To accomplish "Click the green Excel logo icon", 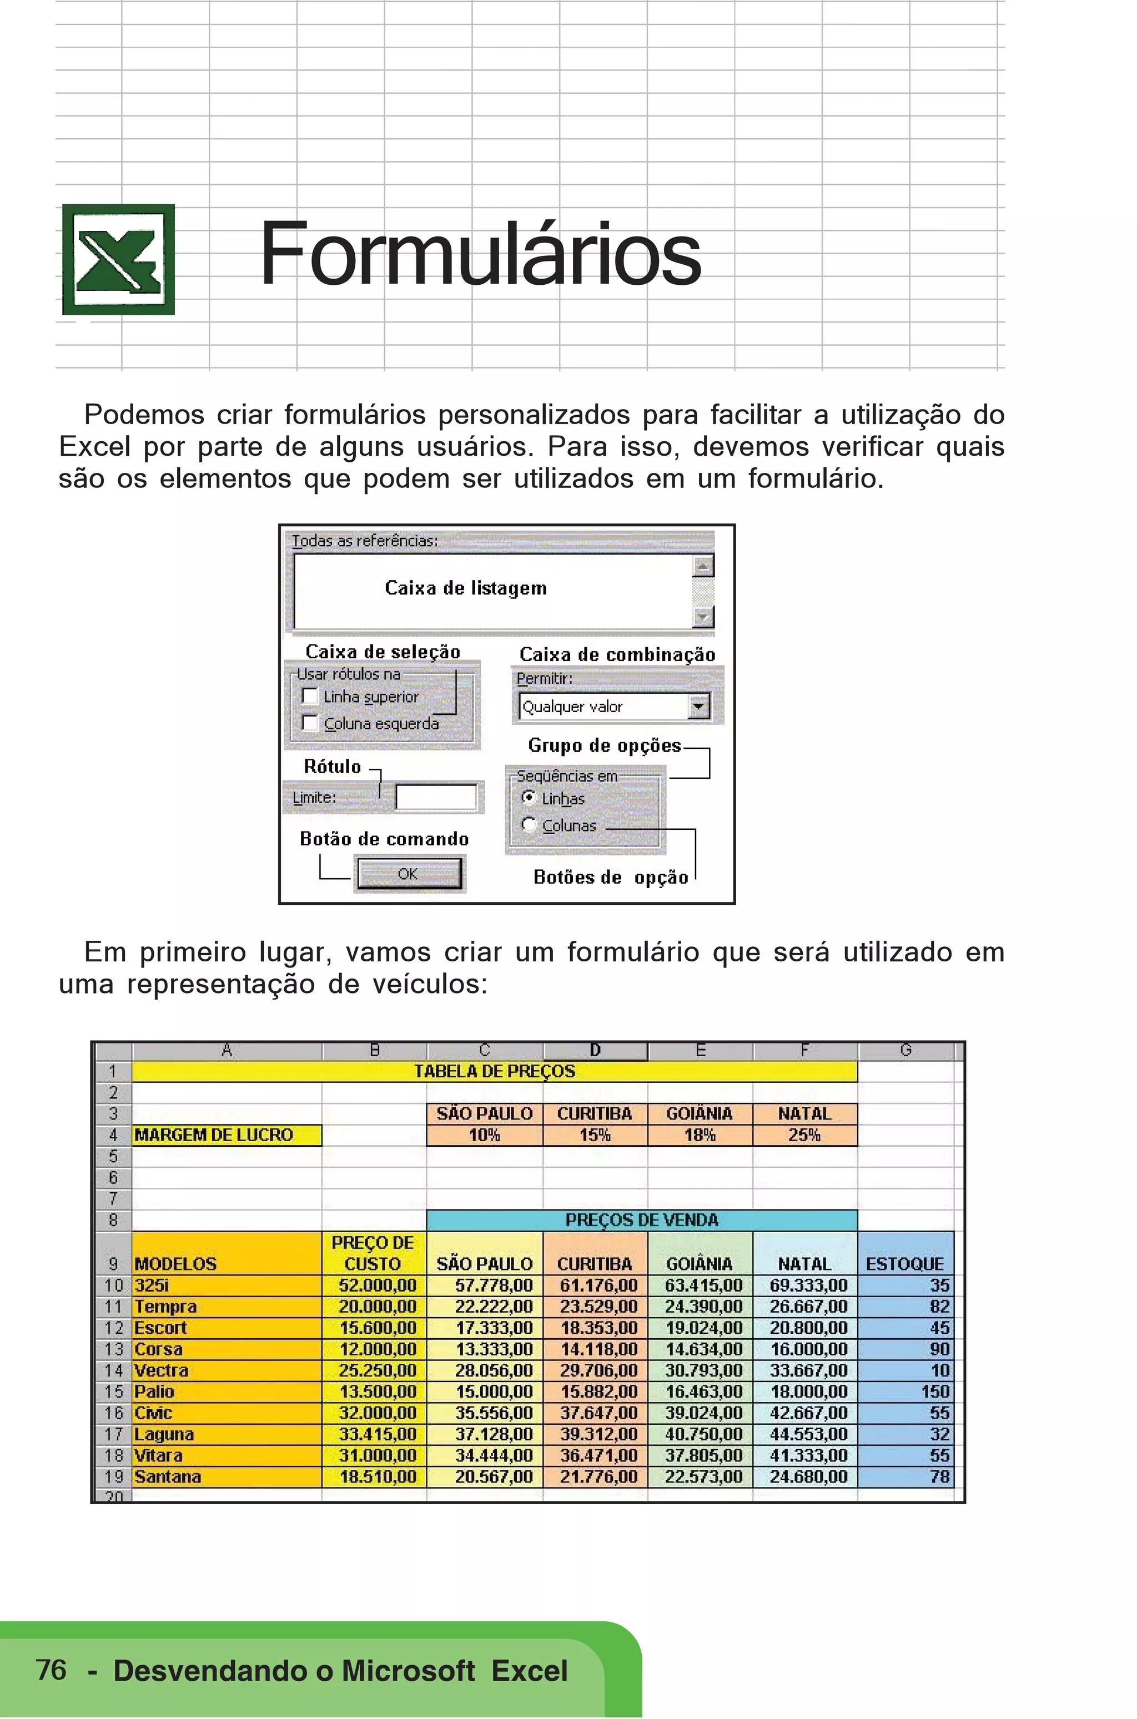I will point(118,259).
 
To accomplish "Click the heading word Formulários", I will point(480,254).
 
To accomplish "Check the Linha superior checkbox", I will point(310,696).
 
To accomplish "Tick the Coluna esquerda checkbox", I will point(310,723).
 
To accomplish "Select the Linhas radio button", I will point(529,798).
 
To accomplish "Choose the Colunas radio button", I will point(529,824).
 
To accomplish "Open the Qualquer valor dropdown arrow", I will point(698,706).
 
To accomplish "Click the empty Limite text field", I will point(436,798).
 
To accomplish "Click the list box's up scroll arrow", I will point(703,566).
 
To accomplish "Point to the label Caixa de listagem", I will point(466,588).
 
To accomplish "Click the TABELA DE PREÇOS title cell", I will point(495,1072).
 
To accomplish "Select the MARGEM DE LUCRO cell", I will point(227,1135).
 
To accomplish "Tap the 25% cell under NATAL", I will point(804,1135).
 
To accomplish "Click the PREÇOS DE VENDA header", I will point(642,1220).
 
